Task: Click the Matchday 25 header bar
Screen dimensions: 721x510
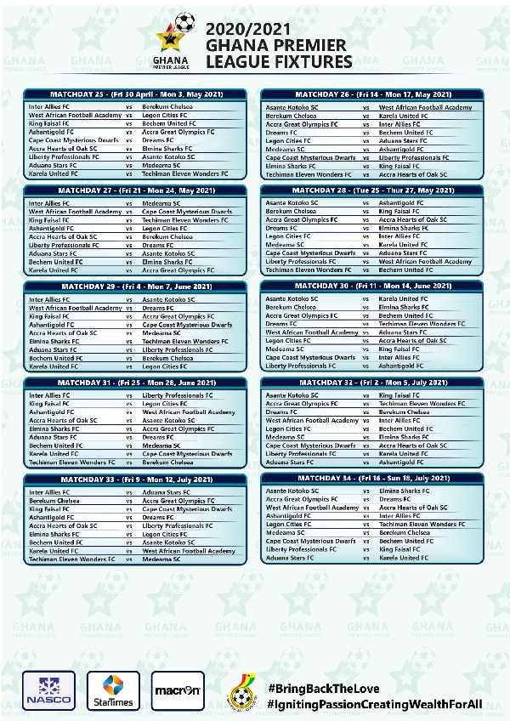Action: [136, 94]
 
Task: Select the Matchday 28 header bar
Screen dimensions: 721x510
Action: [372, 190]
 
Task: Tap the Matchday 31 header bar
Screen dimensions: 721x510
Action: [136, 383]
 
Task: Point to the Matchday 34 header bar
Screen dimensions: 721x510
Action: [372, 479]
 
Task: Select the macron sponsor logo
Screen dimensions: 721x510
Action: [178, 690]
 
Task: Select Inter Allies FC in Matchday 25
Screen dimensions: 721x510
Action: [50, 107]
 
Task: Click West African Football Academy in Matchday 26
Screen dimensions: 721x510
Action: [425, 108]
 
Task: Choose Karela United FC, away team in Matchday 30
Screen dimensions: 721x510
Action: [404, 299]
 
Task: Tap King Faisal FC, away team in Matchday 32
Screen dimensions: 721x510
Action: [399, 395]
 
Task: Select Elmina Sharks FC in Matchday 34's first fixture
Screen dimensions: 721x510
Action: [403, 491]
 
